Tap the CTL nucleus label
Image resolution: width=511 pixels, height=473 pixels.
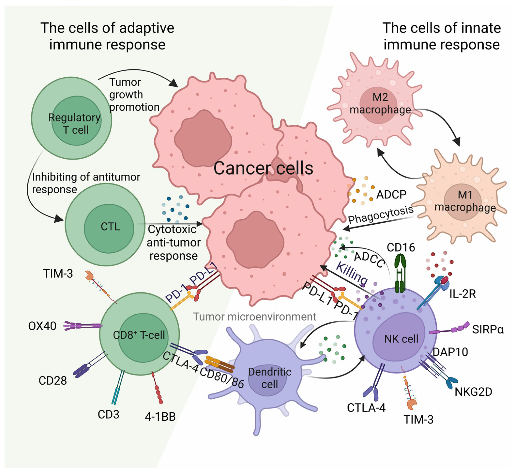(x=110, y=227)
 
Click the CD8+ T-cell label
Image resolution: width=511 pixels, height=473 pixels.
(x=139, y=335)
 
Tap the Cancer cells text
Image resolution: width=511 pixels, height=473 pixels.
(x=263, y=168)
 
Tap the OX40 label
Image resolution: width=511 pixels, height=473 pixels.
(x=42, y=326)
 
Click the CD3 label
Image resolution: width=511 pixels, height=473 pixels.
(x=108, y=414)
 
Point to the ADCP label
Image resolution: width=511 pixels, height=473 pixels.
(x=391, y=195)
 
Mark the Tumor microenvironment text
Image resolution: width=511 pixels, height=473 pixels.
(x=254, y=317)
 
